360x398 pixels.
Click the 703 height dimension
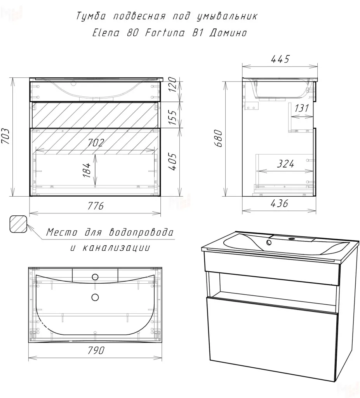[x=5, y=136]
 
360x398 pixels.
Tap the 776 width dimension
[x=96, y=206]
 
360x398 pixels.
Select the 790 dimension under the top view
[x=96, y=350]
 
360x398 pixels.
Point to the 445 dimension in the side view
[x=280, y=59]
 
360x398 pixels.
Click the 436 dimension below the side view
[x=279, y=203]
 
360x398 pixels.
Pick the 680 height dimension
[x=218, y=138]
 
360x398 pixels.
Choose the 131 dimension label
[x=302, y=108]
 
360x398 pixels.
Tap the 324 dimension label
[x=286, y=164]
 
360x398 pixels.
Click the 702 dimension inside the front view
[x=96, y=142]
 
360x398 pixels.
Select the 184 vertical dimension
[x=87, y=170]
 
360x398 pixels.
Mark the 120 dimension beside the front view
[x=172, y=84]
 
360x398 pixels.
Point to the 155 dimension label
[x=172, y=117]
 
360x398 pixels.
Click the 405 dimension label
[x=172, y=161]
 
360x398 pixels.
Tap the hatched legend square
[x=18, y=224]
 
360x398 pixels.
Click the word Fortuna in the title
[x=165, y=33]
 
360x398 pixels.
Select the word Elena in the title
[x=106, y=33]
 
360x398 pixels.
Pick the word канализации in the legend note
[x=116, y=248]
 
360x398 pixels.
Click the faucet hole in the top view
[x=95, y=277]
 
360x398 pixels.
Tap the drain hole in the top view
[x=95, y=297]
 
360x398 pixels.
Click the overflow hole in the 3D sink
[x=269, y=242]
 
